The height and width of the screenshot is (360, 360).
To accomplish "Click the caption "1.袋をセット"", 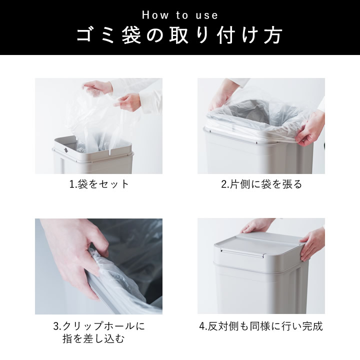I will pyautogui.click(x=98, y=184).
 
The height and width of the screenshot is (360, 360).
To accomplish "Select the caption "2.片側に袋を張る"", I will pyautogui.click(x=261, y=184).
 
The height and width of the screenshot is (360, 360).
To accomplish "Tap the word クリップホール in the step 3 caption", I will pyautogui.click(x=103, y=326).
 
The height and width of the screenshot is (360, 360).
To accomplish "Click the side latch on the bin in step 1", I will pyautogui.click(x=65, y=149).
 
